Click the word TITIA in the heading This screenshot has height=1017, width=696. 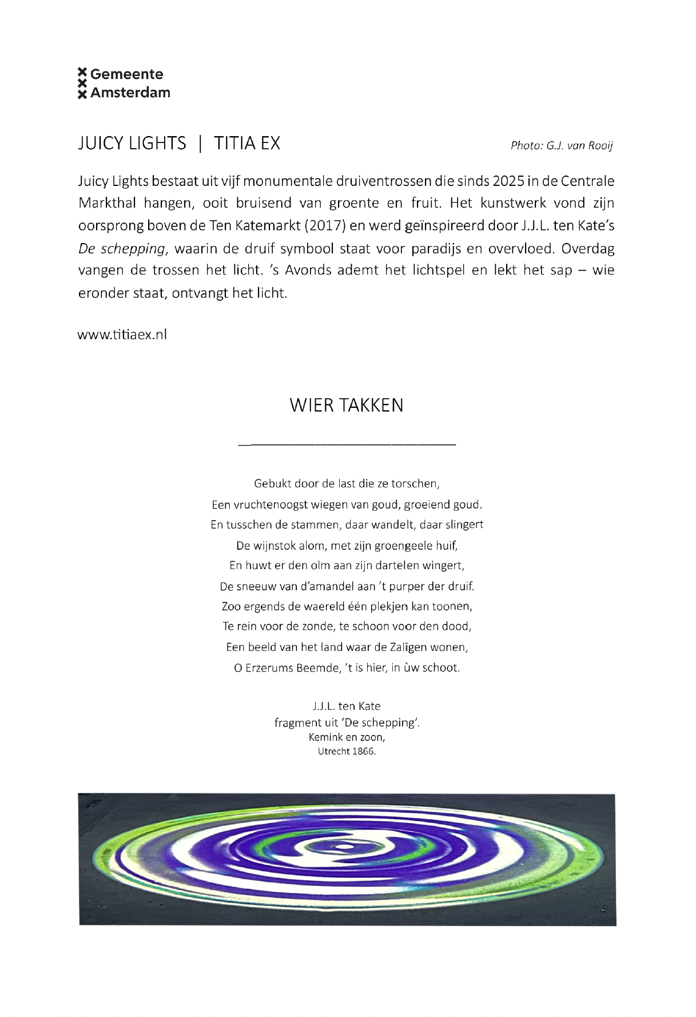click(x=234, y=143)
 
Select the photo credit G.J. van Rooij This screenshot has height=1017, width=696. click(x=561, y=145)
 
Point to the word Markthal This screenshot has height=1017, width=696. click(x=107, y=203)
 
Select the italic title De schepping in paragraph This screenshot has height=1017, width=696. click(x=121, y=249)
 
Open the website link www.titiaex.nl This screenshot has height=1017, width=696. click(x=122, y=335)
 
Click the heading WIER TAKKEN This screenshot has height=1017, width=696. click(x=347, y=405)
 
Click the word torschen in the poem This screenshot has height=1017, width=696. click(x=415, y=484)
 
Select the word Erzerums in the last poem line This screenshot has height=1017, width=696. click(x=269, y=668)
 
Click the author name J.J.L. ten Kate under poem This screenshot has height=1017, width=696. click(x=347, y=706)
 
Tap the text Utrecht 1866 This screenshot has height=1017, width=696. click(x=347, y=752)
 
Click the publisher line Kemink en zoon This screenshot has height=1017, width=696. click(x=347, y=737)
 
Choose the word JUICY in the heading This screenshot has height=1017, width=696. click(x=101, y=143)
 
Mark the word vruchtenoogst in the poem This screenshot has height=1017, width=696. click(x=271, y=505)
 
